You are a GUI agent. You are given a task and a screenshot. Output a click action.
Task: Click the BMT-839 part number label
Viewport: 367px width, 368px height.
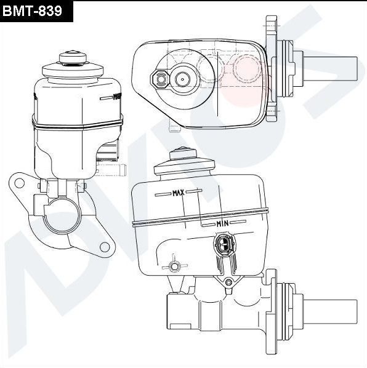pos(36,10)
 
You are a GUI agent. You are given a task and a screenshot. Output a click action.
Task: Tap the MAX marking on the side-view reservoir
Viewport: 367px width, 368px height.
pos(179,193)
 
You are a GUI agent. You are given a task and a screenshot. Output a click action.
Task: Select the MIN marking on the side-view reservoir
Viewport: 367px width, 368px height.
pos(224,222)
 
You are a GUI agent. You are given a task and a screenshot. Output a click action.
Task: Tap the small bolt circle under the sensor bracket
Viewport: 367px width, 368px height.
pos(228,282)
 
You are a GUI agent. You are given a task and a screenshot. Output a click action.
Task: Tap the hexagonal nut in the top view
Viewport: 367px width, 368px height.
pos(160,79)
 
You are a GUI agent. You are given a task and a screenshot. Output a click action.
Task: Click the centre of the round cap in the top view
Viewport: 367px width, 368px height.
pos(182,79)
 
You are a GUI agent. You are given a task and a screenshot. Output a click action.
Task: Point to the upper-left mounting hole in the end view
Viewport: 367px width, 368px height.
pos(18,182)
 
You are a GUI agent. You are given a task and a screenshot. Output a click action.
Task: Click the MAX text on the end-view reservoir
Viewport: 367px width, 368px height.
pos(117,97)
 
